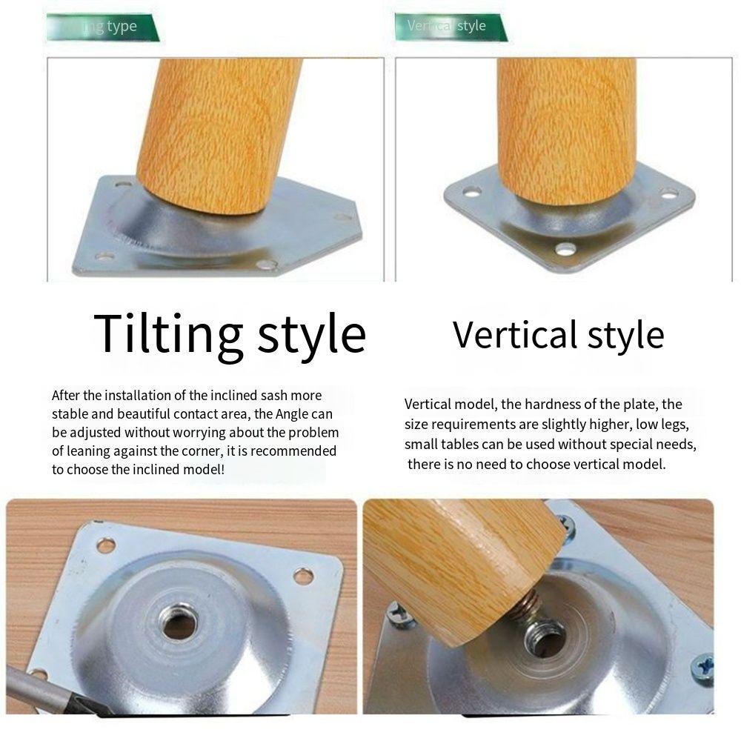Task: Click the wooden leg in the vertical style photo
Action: coord(567,126)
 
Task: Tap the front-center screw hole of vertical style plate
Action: coord(565,249)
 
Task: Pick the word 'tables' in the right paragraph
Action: coord(460,445)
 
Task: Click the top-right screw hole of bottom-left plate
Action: coord(302,575)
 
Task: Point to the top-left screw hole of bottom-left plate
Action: coord(106,546)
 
